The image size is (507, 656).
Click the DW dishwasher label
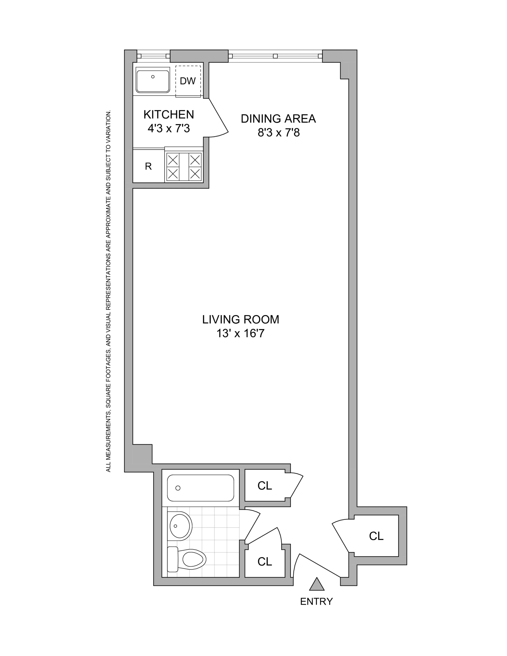188,81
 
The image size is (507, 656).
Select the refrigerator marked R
148,166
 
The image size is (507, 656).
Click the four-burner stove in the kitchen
184,167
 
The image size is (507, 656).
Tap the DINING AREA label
278,119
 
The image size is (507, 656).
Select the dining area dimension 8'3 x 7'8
278,132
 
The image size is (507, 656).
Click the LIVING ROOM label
240,319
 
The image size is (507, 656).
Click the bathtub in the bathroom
200,488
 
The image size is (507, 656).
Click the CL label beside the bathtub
265,486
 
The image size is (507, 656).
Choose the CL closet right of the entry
376,536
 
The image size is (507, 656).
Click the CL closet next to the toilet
265,561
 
